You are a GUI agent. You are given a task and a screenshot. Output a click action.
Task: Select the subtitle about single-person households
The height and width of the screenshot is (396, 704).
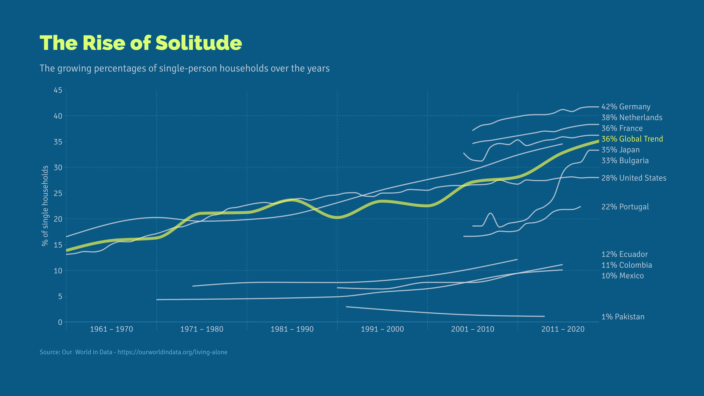pyautogui.click(x=184, y=68)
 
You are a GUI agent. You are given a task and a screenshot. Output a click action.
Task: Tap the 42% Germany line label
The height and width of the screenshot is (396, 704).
pyautogui.click(x=626, y=107)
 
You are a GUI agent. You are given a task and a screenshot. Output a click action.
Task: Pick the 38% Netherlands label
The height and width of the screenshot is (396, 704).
pyautogui.click(x=632, y=118)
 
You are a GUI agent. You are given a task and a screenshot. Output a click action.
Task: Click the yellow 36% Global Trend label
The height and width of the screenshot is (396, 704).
pyautogui.click(x=632, y=139)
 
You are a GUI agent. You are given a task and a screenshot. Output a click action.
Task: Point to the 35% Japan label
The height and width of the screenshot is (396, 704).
pyautogui.click(x=620, y=150)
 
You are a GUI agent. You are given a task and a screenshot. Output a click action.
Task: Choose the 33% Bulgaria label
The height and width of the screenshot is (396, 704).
pyautogui.click(x=625, y=160)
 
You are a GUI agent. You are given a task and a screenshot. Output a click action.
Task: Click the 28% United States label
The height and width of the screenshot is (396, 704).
pyautogui.click(x=634, y=178)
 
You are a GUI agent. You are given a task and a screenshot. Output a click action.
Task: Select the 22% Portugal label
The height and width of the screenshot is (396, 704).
pyautogui.click(x=625, y=207)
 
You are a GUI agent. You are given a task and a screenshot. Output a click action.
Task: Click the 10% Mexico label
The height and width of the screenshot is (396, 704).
pyautogui.click(x=623, y=276)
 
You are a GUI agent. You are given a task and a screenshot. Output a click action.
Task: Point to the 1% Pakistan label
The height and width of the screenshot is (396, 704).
pyautogui.click(x=623, y=317)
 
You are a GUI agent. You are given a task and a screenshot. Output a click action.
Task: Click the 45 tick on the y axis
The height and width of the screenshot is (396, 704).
pyautogui.click(x=58, y=90)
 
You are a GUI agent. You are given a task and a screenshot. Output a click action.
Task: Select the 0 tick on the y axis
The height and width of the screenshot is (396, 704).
pyautogui.click(x=60, y=322)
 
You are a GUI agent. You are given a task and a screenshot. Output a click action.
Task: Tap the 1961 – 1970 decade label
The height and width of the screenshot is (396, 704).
pyautogui.click(x=111, y=329)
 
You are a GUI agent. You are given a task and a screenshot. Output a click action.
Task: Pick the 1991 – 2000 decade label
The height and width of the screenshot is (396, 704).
pyautogui.click(x=382, y=329)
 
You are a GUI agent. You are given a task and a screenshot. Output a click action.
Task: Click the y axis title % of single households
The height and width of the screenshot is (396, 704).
pyautogui.click(x=45, y=206)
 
